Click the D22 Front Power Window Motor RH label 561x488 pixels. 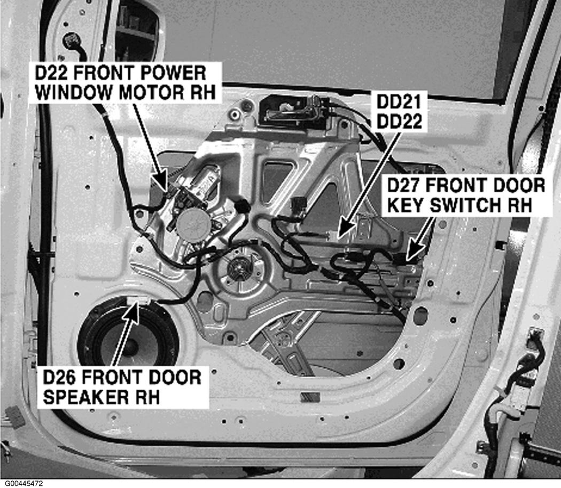point(124,82)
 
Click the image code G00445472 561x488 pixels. point(22,483)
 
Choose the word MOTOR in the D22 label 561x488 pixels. point(139,92)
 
